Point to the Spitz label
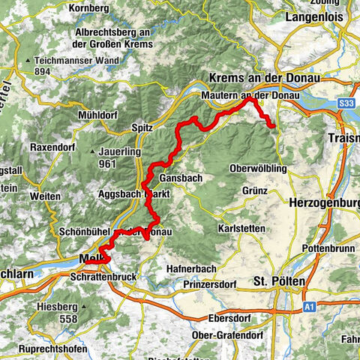coord(142,127)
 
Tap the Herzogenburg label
coord(324,202)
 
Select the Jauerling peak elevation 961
coord(109,163)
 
